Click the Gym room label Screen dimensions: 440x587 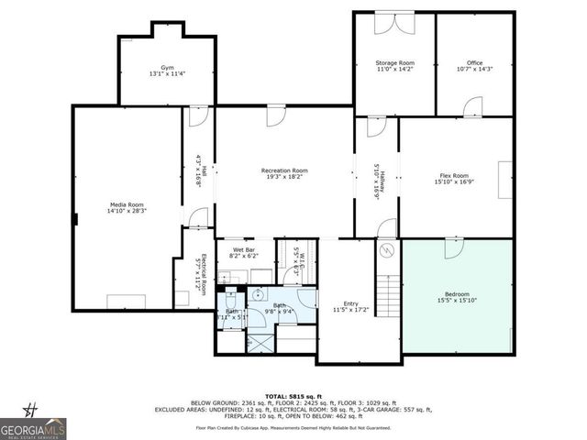click(167, 71)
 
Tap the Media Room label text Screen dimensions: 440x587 click(126, 207)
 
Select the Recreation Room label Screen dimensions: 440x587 click(284, 173)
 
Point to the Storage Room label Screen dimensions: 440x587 click(395, 66)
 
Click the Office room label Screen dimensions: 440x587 click(474, 66)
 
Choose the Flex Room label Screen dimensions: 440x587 click(454, 178)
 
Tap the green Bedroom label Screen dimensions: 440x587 click(455, 297)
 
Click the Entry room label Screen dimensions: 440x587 click(351, 306)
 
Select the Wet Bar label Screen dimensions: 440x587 click(243, 252)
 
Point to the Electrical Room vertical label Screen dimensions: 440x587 click(201, 271)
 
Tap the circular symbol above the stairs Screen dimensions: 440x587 click(387, 249)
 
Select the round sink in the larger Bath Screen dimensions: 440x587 click(259, 295)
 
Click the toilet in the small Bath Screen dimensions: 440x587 click(229, 298)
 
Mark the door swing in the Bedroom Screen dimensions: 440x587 click(453, 248)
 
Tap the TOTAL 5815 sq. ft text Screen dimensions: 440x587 click(293, 394)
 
